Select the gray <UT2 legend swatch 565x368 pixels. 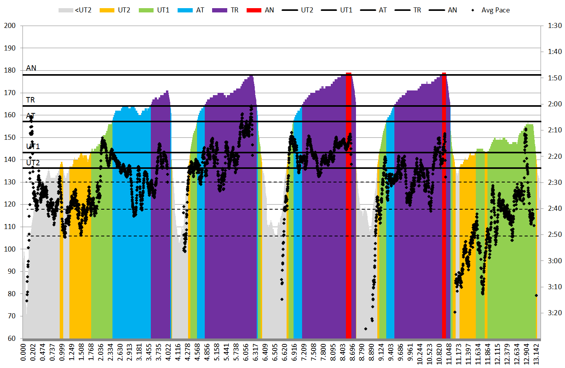click(x=66, y=10)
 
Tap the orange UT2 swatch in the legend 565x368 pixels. click(x=107, y=10)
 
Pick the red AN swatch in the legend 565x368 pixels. click(x=254, y=10)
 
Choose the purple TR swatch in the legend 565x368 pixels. click(x=219, y=10)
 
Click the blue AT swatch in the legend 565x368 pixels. click(x=185, y=10)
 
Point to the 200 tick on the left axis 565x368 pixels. click(x=10, y=26)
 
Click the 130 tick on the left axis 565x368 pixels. click(x=10, y=182)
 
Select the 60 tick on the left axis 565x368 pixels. click(x=10, y=338)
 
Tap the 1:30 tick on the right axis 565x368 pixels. click(x=555, y=26)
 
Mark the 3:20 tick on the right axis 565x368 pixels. click(x=555, y=313)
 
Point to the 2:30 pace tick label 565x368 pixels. click(x=555, y=182)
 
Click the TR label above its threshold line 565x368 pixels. click(x=30, y=100)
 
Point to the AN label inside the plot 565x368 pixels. click(x=31, y=68)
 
